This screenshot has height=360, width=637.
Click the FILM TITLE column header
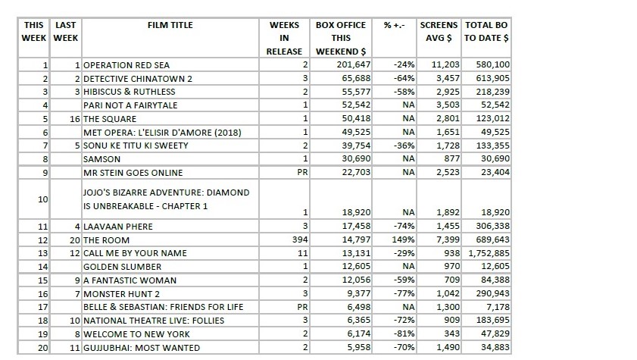(x=170, y=25)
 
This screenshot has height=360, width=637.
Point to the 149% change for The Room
(x=404, y=239)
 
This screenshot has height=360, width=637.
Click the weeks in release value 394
(x=299, y=239)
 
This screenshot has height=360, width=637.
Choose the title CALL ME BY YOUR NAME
(x=136, y=253)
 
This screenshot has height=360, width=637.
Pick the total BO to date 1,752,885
(x=489, y=253)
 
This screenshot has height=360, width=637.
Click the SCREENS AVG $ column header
(x=439, y=31)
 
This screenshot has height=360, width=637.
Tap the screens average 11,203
(x=445, y=65)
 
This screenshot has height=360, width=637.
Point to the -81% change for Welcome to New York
(x=404, y=333)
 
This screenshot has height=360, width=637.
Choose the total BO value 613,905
(x=492, y=79)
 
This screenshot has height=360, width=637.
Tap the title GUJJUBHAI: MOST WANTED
(x=141, y=347)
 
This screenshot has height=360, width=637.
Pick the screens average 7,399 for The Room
(x=448, y=239)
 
